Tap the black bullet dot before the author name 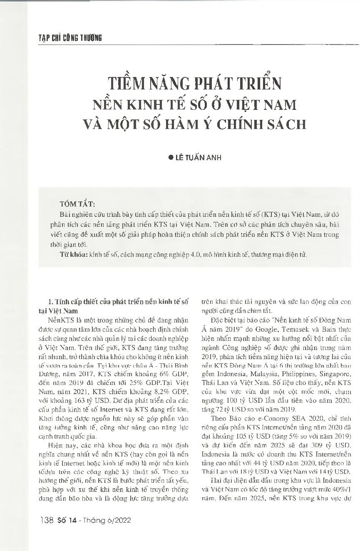coord(170,158)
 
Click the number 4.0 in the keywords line coord(195,255)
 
